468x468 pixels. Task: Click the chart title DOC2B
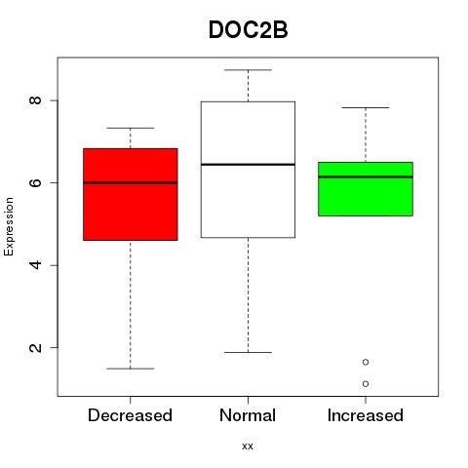pos(248,30)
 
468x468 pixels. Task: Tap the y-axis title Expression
pos(9,226)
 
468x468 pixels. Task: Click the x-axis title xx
pos(248,447)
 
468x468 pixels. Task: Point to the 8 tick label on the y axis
pos(35,100)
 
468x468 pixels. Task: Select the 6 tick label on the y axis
pos(35,182)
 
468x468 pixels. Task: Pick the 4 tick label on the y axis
pos(35,265)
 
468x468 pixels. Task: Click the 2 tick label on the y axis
pos(35,347)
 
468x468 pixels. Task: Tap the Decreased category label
pos(130,415)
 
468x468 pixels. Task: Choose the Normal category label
pos(248,415)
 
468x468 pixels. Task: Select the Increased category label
pos(366,415)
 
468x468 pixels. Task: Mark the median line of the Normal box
pos(248,165)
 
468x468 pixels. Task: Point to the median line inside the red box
pos(131,182)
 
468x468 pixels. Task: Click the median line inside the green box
pos(366,176)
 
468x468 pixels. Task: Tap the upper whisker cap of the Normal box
pos(248,70)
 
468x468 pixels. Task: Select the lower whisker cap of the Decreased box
pos(131,369)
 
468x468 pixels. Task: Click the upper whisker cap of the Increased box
pos(366,107)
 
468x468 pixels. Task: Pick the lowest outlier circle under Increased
pos(366,384)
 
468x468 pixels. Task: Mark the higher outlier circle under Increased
pos(366,362)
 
